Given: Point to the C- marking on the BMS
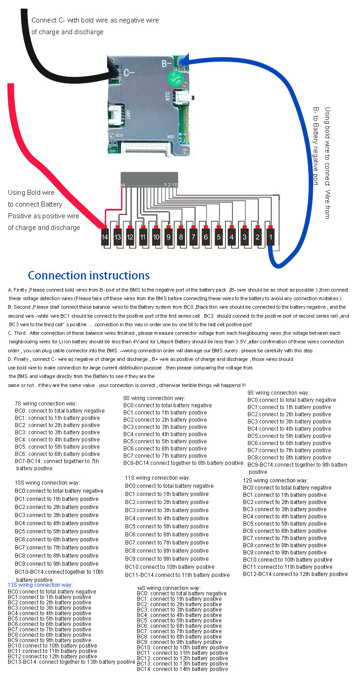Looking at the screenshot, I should pos(130,72).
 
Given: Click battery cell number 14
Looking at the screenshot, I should pos(105,237).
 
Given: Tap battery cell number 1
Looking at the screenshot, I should pos(270,237).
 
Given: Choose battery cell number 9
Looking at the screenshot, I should pos(168,237).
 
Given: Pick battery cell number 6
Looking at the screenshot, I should pos(207,237).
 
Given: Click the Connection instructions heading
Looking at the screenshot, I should pos(89,275).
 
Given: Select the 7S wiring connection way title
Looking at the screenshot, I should pos(46,404).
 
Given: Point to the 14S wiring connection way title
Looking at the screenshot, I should pos(169,588).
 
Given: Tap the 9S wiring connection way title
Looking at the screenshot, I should pos(279,393).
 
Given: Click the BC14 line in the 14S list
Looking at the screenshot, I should pos(182,669).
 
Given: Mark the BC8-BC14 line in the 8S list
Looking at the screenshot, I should pos(183,463).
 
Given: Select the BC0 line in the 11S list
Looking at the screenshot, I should pos(169,486).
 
